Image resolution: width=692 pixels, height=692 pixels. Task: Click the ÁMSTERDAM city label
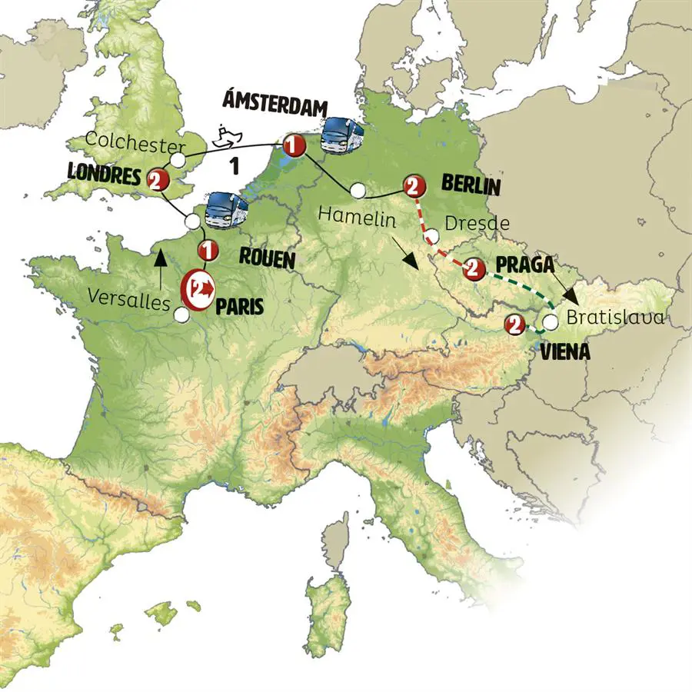tap(274, 105)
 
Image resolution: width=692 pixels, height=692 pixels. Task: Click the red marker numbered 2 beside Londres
tap(156, 179)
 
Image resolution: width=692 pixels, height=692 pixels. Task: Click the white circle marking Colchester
tap(177, 160)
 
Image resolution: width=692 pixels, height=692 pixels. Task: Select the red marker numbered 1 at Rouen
tap(206, 250)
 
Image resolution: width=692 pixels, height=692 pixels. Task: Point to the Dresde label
tap(477, 224)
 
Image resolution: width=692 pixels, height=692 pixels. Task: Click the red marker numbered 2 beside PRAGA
tap(473, 269)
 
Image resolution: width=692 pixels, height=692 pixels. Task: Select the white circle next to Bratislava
tap(551, 321)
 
